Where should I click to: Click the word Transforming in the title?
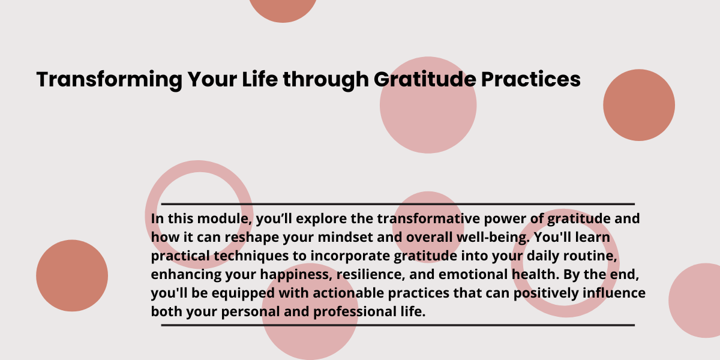pos(110,80)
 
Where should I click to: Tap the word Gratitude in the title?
pos(425,79)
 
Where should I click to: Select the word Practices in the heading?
pos(531,79)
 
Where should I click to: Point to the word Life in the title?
pos(260,79)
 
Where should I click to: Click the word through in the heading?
pos(326,80)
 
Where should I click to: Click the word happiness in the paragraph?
pos(296,275)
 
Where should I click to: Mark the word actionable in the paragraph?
pos(349,293)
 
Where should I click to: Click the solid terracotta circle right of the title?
pos(639,105)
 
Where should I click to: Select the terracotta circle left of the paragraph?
pos(72,275)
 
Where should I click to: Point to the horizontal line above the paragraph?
pos(398,204)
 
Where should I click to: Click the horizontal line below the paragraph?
pos(398,325)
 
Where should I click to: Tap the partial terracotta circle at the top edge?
pos(283,9)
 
